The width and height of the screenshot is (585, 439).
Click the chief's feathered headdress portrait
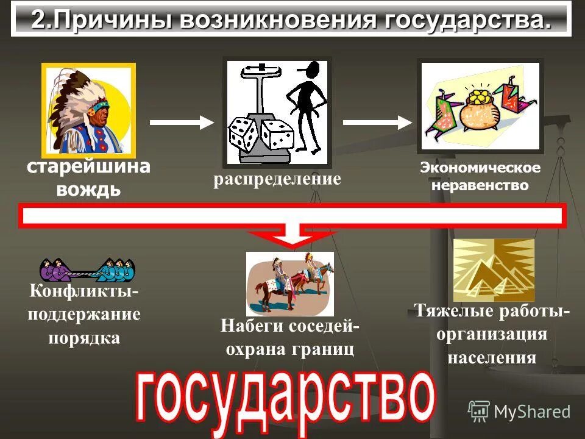[88, 109]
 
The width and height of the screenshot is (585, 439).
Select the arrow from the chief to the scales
[182, 123]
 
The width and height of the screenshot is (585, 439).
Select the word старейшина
[88, 167]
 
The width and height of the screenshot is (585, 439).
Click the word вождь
[88, 189]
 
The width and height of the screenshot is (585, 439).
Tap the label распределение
[276, 180]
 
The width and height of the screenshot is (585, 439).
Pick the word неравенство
[480, 185]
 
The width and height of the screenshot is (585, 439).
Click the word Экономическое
[480, 168]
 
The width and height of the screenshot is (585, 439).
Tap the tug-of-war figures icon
[87, 268]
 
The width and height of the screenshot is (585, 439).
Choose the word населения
[492, 357]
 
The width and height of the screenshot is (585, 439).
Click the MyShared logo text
[531, 412]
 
